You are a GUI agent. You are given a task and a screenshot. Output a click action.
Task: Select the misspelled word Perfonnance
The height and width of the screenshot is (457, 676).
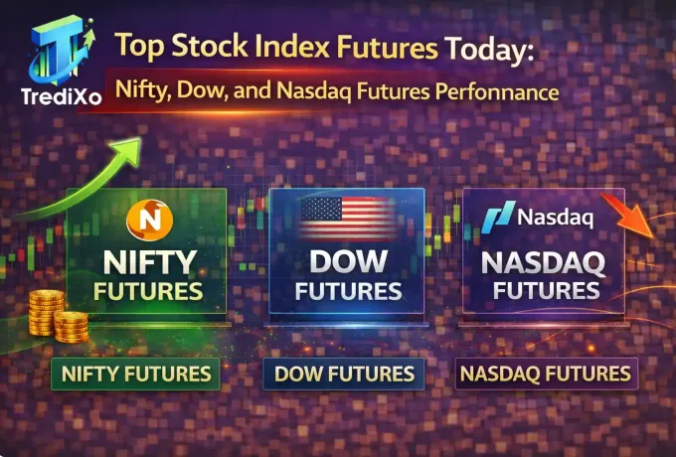click(496, 92)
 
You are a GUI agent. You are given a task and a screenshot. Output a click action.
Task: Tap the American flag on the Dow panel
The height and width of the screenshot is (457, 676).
click(345, 217)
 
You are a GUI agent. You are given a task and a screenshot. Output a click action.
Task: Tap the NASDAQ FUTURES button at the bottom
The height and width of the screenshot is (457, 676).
click(544, 374)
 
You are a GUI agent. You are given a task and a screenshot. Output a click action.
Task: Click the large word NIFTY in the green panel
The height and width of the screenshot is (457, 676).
click(148, 262)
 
